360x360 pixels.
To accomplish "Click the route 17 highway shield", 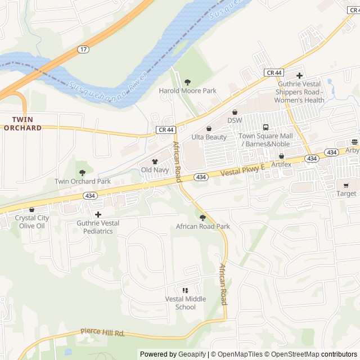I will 84,49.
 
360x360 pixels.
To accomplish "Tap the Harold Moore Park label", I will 187,91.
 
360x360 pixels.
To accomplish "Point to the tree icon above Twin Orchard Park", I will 83,173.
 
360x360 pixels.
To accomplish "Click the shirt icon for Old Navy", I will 155,161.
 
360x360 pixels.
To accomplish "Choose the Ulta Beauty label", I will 209,137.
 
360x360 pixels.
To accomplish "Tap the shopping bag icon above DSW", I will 235,112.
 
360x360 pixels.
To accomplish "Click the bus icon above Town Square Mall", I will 265,127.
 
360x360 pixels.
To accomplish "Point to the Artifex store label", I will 281,164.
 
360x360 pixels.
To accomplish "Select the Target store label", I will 346,193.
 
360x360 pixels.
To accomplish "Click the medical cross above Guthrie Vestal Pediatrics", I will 98,214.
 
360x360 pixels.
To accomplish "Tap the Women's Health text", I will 299,100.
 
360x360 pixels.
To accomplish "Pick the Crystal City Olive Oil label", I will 31,222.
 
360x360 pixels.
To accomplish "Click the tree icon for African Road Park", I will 202,218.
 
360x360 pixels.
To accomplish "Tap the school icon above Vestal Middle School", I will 185,290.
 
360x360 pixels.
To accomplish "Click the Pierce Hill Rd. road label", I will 102,332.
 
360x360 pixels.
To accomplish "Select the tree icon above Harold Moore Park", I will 187,82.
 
